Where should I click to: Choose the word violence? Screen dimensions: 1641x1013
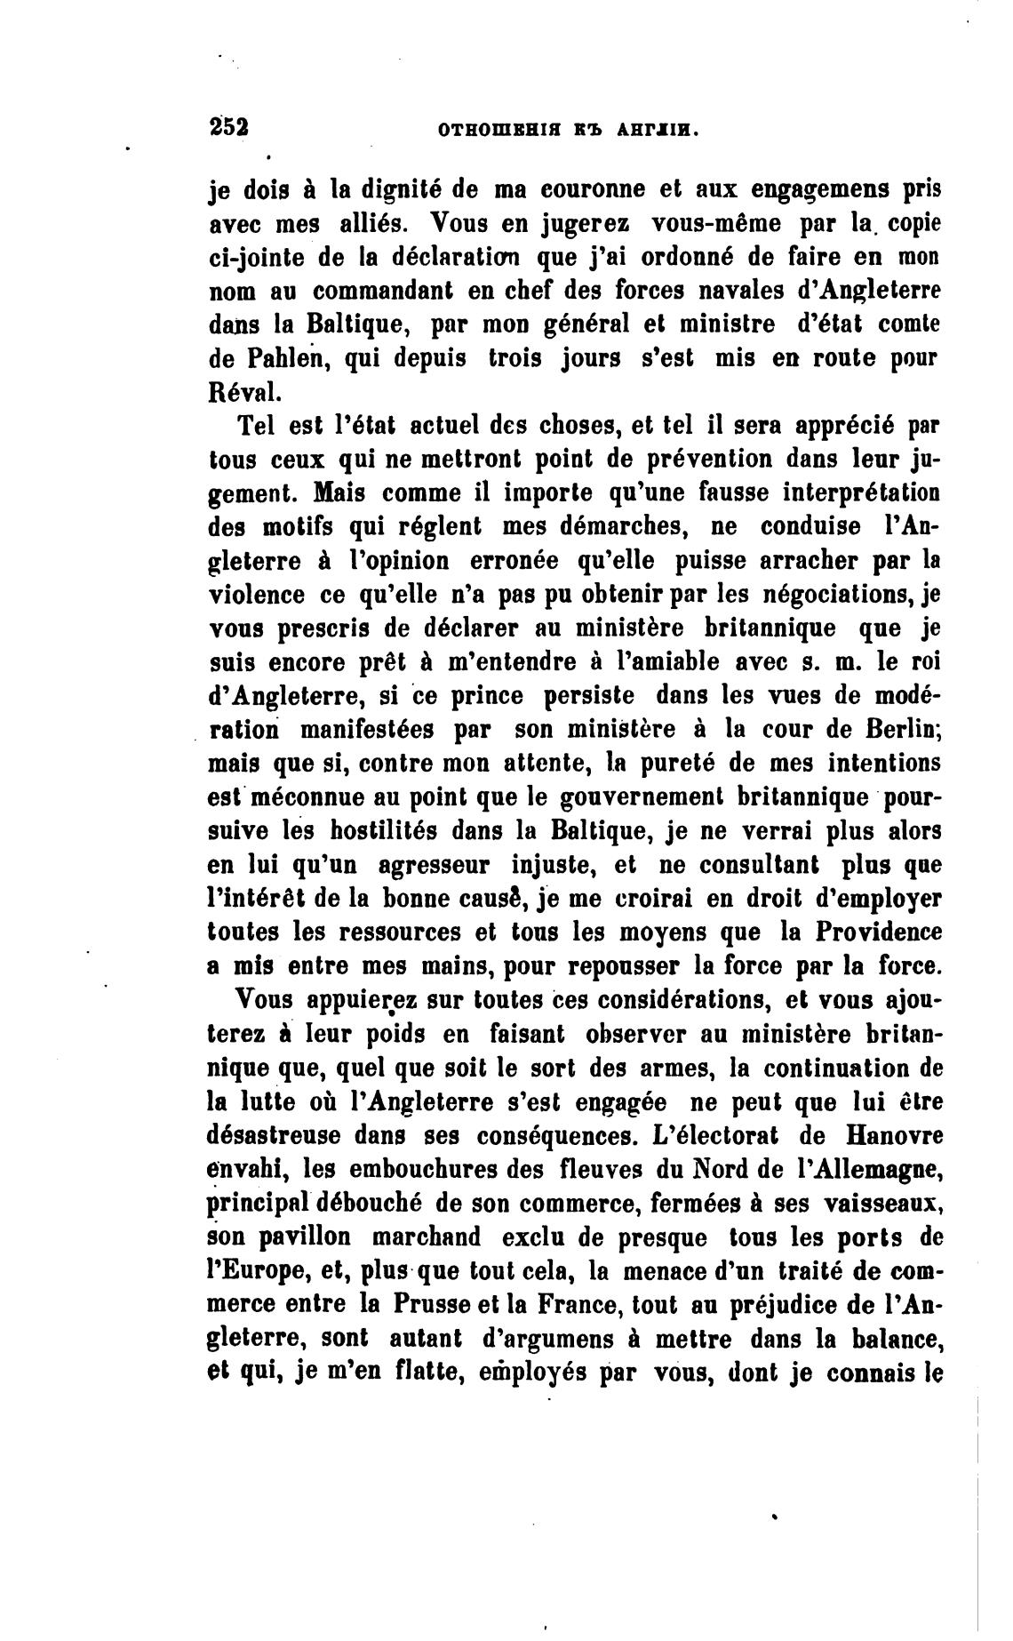coord(252,595)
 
